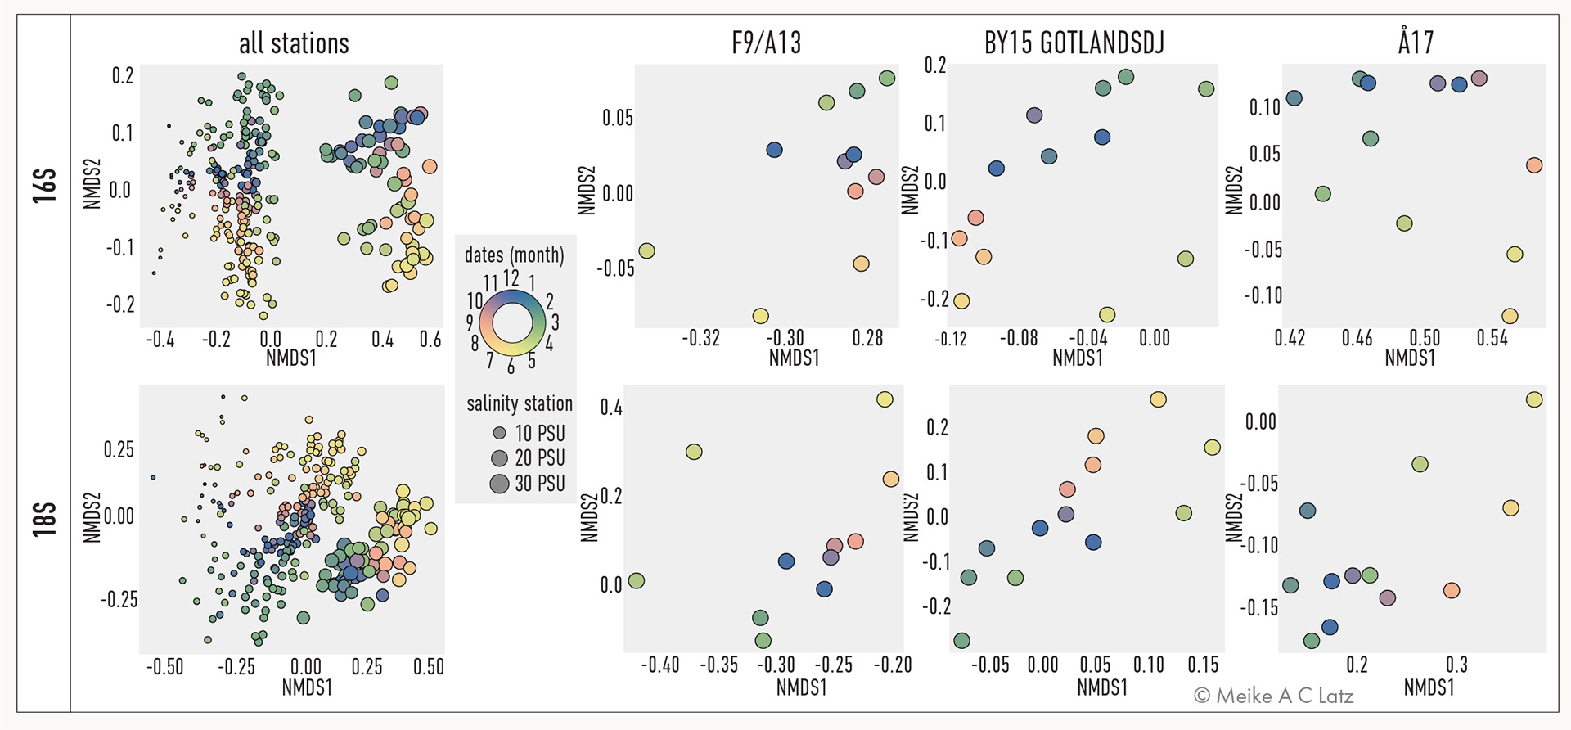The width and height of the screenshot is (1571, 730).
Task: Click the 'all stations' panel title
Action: click(x=294, y=43)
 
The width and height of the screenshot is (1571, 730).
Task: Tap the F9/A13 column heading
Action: click(x=767, y=43)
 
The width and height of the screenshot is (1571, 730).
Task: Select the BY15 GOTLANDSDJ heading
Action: click(x=1074, y=43)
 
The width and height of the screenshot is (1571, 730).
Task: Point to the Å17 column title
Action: click(x=1416, y=41)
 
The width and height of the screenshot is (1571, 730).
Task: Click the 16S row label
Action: click(x=45, y=186)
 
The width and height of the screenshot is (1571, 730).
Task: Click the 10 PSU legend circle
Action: click(x=499, y=433)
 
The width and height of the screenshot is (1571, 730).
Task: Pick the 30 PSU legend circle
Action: click(x=499, y=484)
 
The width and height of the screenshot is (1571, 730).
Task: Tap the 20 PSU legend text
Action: click(x=540, y=458)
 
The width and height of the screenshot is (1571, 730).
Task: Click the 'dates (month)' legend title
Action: click(x=514, y=255)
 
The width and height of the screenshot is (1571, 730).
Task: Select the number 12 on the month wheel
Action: click(x=511, y=278)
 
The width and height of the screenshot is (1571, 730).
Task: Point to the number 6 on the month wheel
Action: click(x=511, y=367)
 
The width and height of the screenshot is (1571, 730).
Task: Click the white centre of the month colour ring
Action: click(x=513, y=322)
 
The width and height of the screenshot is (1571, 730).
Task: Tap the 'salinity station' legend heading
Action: click(x=520, y=403)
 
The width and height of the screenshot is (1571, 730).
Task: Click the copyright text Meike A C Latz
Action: click(x=1273, y=696)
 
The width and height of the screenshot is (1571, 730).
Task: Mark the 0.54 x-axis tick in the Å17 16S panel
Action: click(x=1492, y=338)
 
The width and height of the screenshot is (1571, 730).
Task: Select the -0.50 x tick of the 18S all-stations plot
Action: click(x=164, y=667)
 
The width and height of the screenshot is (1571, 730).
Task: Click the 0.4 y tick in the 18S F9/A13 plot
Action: click(x=611, y=408)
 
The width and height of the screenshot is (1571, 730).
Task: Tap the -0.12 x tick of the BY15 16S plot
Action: click(x=951, y=338)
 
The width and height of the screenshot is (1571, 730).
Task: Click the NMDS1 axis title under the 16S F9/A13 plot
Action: click(x=794, y=358)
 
